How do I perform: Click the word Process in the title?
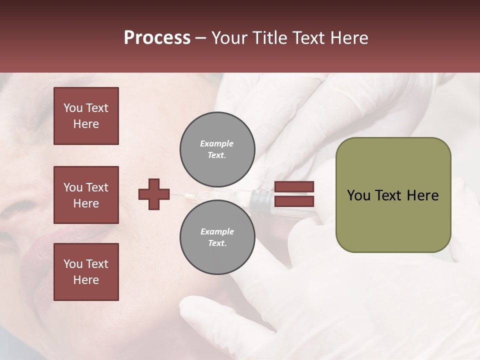tap(157, 37)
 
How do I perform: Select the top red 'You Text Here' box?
tap(86, 116)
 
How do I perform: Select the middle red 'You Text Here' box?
tap(86, 195)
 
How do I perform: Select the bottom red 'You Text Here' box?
tap(86, 272)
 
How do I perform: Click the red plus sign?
tap(154, 194)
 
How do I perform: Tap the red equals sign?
tap(294, 194)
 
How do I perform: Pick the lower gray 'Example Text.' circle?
tap(217, 237)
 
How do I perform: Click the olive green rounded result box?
tap(393, 195)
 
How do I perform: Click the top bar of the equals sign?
tap(294, 186)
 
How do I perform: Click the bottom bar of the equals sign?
tap(294, 201)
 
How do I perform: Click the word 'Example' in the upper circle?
tap(216, 143)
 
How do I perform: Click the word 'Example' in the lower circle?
tap(217, 231)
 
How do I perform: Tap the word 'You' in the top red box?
tap(73, 108)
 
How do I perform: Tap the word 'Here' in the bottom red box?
tap(86, 280)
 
